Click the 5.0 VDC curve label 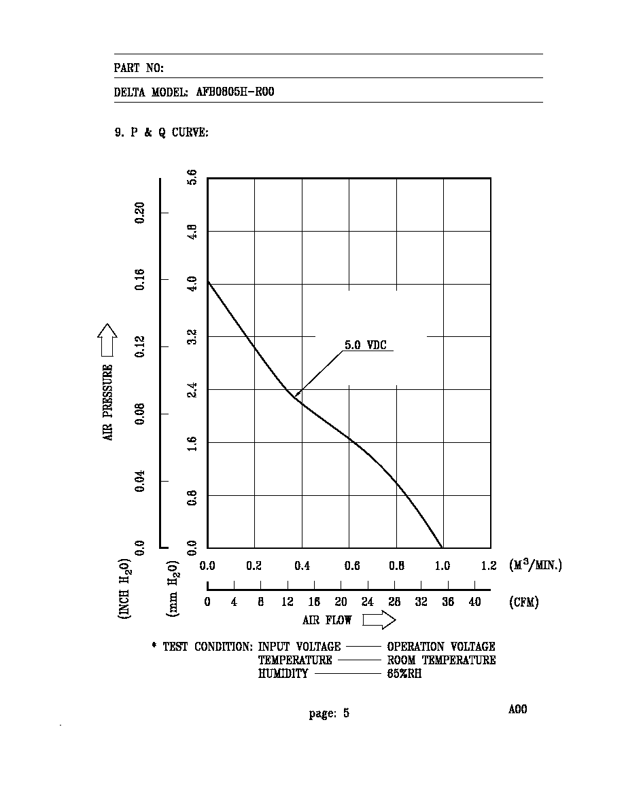coord(365,345)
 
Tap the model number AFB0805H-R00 coord(235,92)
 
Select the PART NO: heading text coord(139,68)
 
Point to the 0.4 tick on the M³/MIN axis coord(302,566)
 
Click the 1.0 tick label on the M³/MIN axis coord(443,566)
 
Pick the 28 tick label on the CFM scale coord(394,602)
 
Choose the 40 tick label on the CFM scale coord(474,602)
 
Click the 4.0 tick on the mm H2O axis coord(192,283)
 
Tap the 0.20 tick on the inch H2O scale coord(139,213)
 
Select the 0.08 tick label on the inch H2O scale coord(139,414)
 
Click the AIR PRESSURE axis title coord(107,402)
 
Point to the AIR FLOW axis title coord(327,620)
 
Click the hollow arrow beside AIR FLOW coord(379,620)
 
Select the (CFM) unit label coord(524,602)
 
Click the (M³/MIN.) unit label coord(536,565)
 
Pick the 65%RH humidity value coord(404,674)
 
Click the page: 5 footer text coord(329,713)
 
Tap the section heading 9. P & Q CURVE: coord(162,132)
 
